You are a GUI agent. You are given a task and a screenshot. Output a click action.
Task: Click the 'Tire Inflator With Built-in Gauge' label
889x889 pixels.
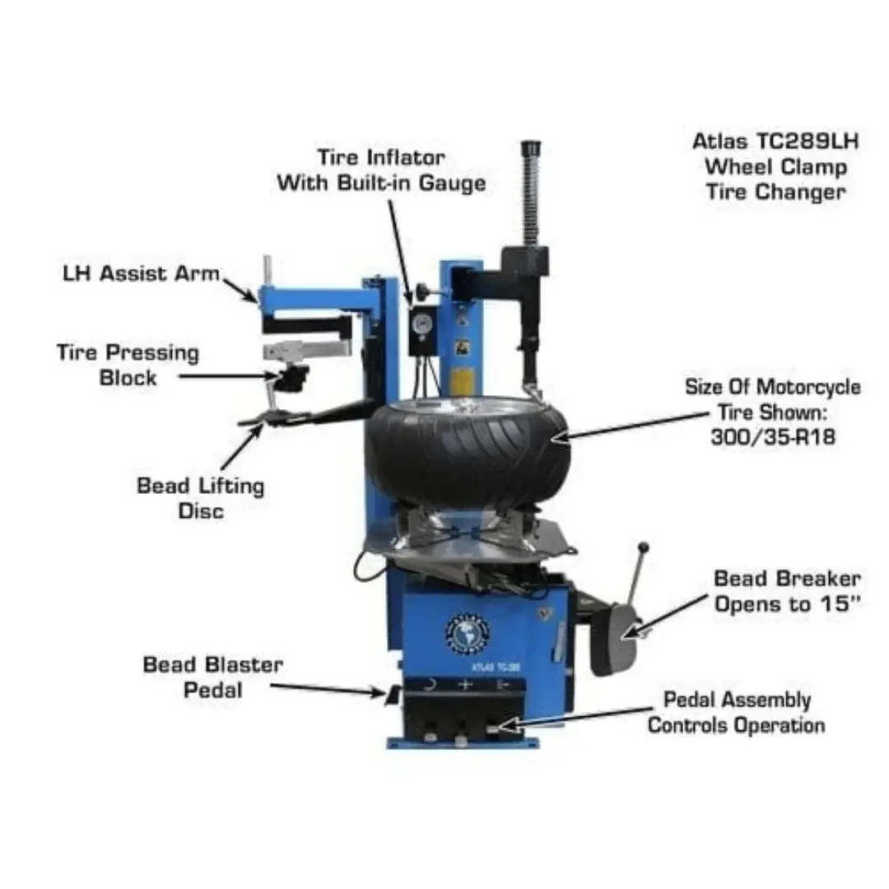point(380,170)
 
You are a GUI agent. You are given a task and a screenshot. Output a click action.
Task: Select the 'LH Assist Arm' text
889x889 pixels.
point(142,273)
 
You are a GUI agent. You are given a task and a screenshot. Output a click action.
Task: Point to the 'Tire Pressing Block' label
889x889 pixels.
point(128,365)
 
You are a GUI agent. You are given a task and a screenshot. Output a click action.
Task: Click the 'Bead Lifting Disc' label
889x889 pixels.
point(201,497)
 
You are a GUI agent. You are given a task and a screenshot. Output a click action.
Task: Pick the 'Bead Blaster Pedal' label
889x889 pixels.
point(212,676)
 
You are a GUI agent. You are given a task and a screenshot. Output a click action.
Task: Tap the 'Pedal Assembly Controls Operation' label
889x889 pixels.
point(736,712)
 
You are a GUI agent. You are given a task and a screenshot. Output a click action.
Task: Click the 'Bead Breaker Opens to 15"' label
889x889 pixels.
point(787,591)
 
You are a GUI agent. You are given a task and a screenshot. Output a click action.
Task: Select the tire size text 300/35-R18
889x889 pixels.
point(772,437)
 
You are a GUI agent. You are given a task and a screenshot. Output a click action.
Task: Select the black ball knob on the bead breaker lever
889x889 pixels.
point(645,547)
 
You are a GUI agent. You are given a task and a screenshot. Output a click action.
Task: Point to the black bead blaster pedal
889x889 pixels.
point(393,696)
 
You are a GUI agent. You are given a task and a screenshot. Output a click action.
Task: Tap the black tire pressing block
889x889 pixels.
point(292,380)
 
